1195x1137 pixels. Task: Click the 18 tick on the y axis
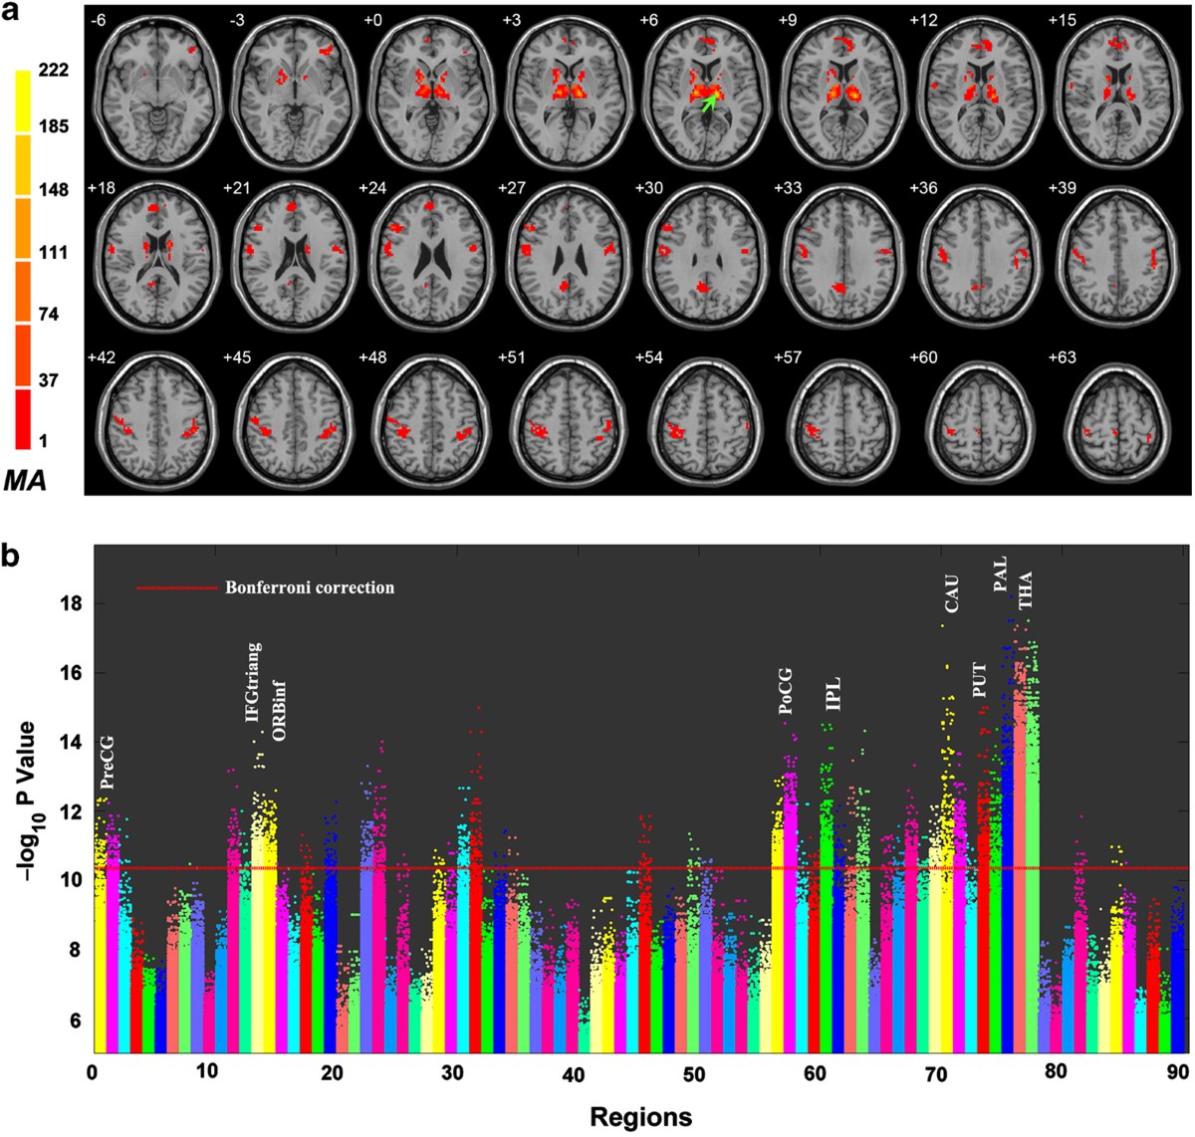point(70,603)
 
